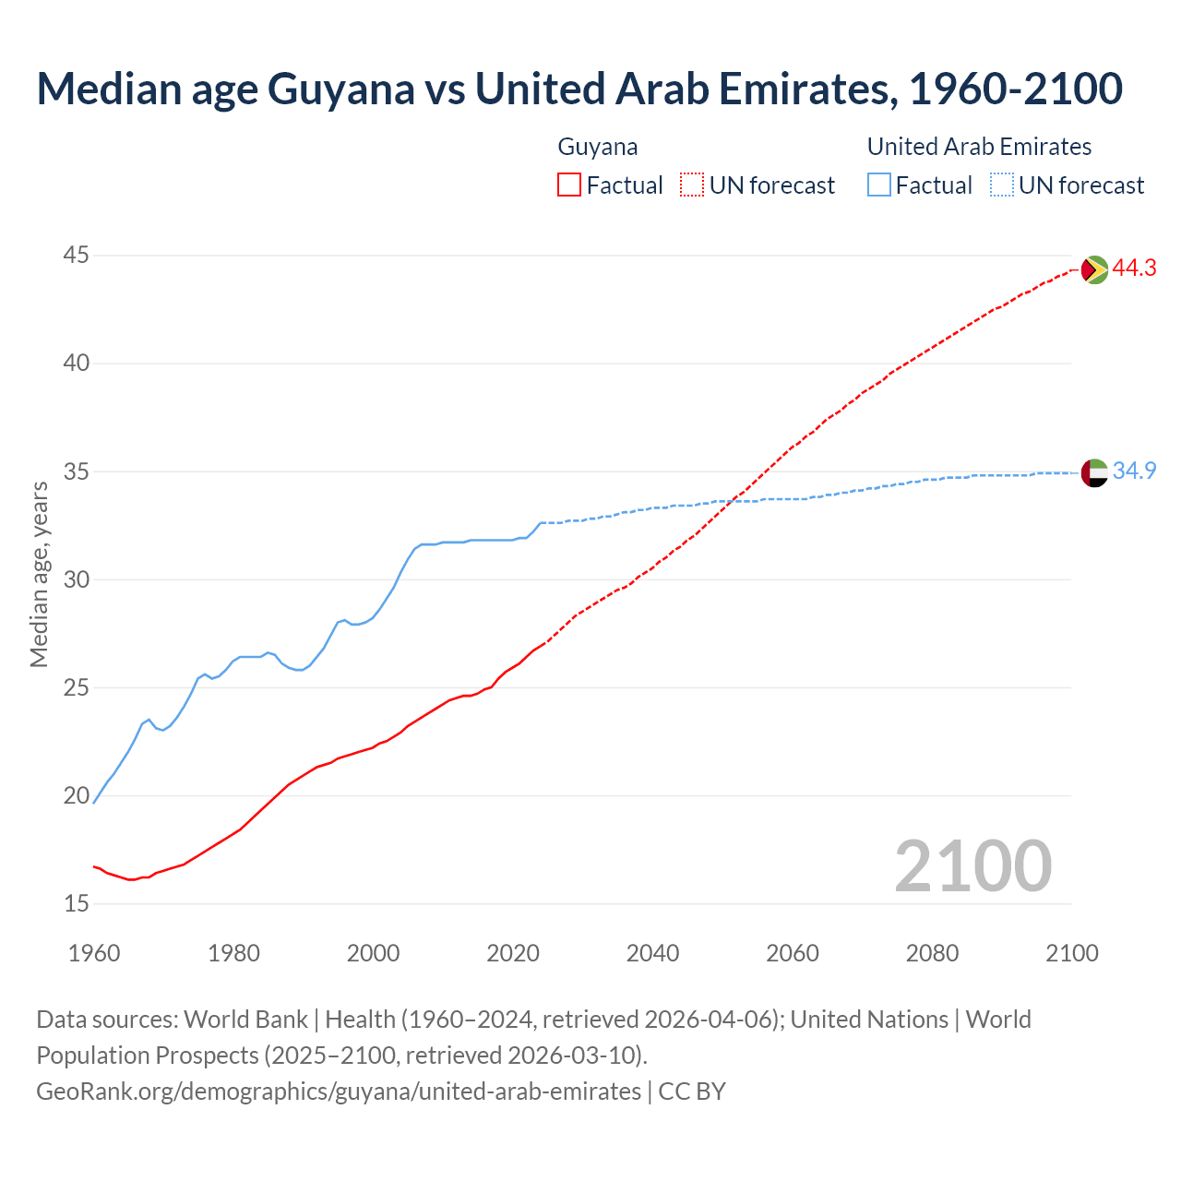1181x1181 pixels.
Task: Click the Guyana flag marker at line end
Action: pos(1094,269)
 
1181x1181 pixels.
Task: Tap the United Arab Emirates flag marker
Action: pos(1094,472)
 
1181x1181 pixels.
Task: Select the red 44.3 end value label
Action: pos(1134,268)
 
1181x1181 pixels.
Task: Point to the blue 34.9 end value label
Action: pos(1134,471)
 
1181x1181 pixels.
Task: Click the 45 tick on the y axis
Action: pos(76,255)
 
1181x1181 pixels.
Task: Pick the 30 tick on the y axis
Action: pos(76,579)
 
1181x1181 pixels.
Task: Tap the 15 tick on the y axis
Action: pos(76,903)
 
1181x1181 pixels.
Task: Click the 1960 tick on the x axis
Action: pos(94,953)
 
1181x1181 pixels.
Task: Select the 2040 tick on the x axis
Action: pos(652,953)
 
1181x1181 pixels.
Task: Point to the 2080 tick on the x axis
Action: pos(932,953)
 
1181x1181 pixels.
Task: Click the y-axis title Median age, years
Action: pos(39,574)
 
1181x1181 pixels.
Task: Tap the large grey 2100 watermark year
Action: pos(972,865)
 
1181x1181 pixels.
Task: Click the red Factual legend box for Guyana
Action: pos(569,185)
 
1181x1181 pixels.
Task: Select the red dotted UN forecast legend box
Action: pos(692,185)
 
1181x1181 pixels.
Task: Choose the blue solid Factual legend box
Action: pos(879,185)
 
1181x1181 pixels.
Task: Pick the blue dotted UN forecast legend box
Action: pos(1001,185)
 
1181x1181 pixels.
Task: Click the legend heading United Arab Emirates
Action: pos(979,147)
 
